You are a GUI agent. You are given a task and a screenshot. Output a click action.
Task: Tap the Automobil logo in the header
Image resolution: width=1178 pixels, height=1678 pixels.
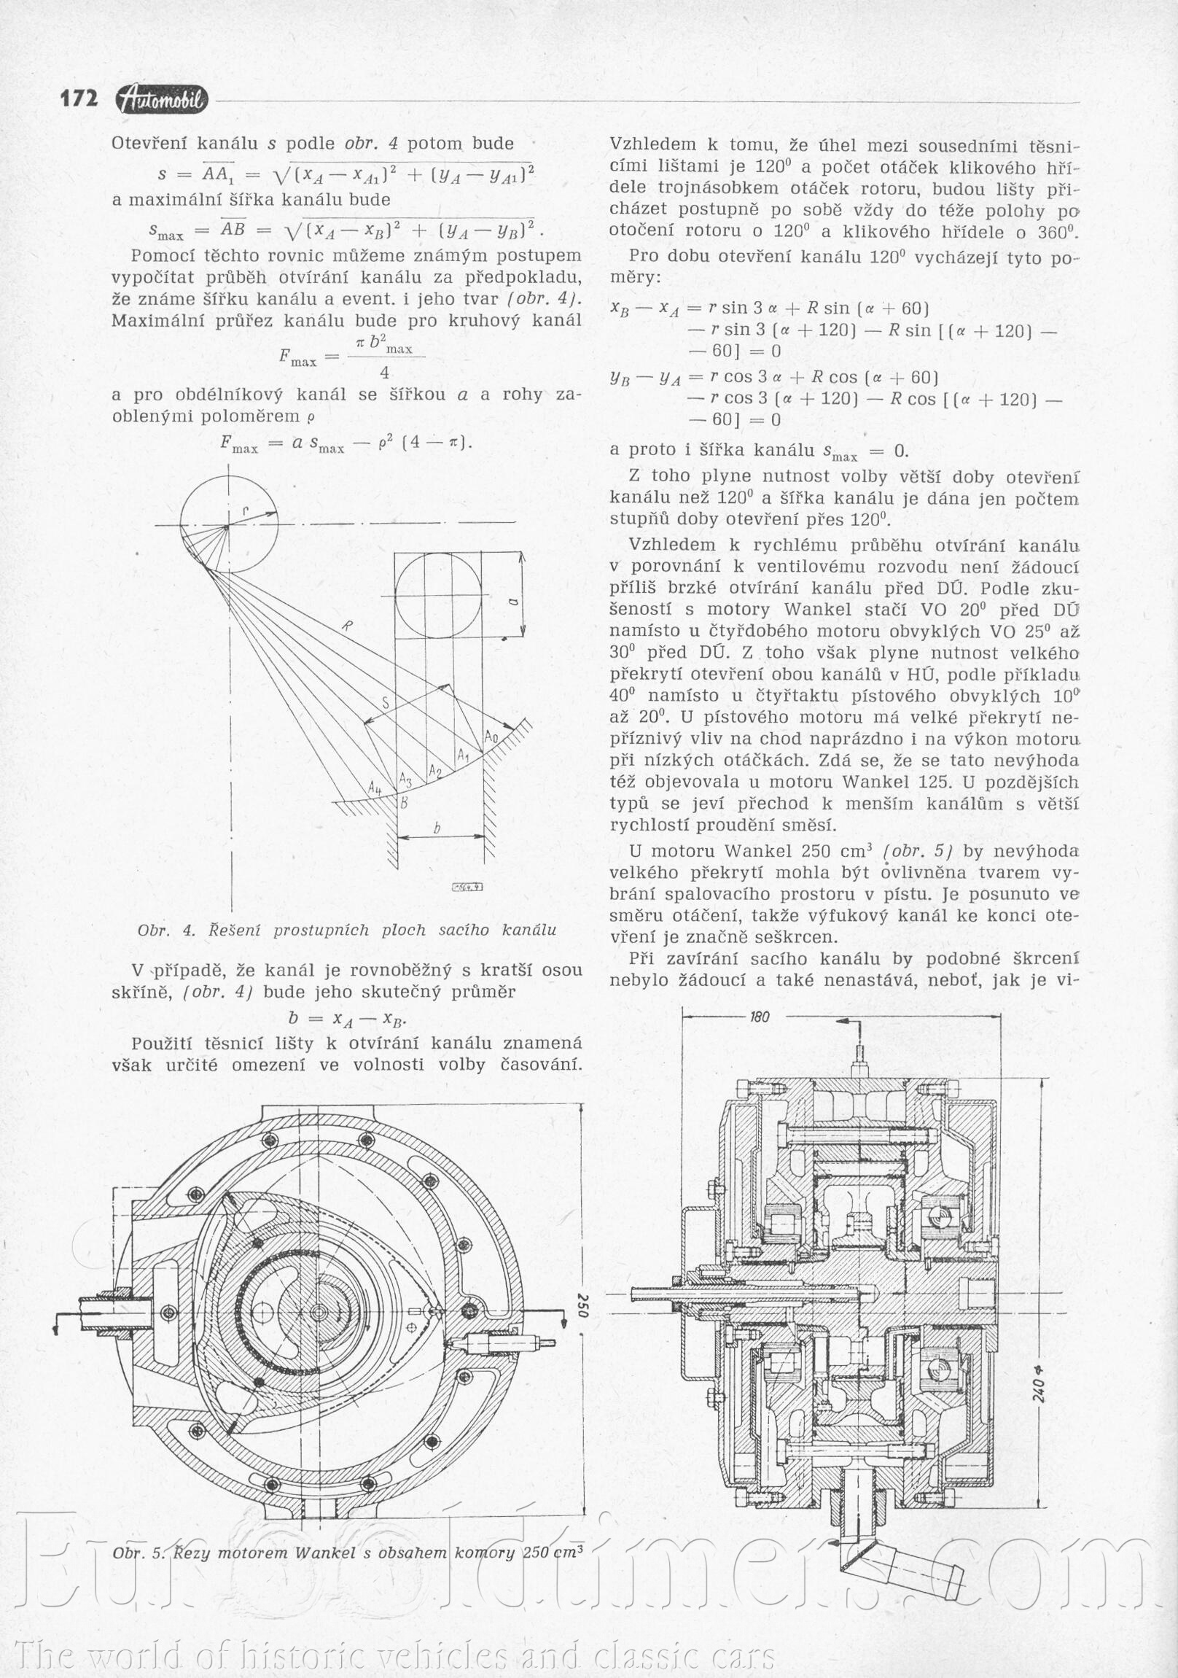(162, 101)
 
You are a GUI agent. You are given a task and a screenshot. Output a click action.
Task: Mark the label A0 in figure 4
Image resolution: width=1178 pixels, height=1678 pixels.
(491, 737)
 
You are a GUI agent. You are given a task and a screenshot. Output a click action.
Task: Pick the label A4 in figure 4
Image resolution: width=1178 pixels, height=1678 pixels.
(375, 788)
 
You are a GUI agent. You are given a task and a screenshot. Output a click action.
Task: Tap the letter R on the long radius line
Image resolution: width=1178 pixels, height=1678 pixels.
(347, 625)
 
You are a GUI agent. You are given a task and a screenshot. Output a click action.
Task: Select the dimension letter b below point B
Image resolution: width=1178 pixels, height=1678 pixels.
(437, 828)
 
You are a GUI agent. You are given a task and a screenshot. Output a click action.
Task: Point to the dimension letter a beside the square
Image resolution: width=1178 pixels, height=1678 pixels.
(512, 601)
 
